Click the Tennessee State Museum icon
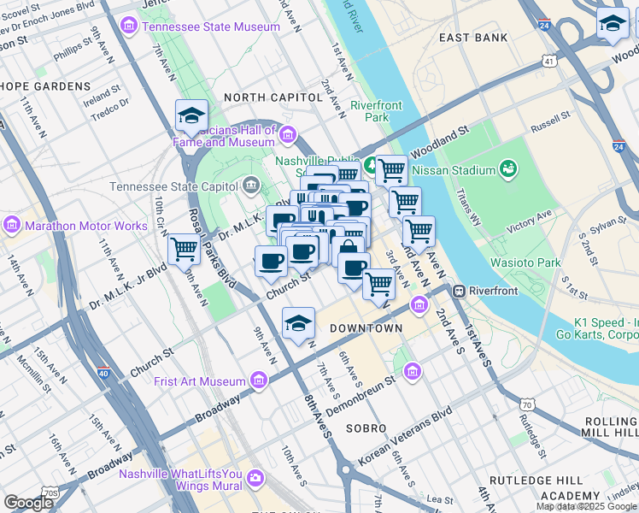(129, 26)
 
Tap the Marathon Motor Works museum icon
(12, 226)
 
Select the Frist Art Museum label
(200, 381)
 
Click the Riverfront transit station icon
(459, 290)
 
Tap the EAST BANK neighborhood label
(472, 38)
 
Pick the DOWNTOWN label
(366, 328)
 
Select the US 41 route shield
(548, 61)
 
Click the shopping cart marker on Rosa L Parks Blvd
(184, 249)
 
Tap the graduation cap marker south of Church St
(297, 322)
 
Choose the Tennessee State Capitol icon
(251, 185)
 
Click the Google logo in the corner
(28, 503)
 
